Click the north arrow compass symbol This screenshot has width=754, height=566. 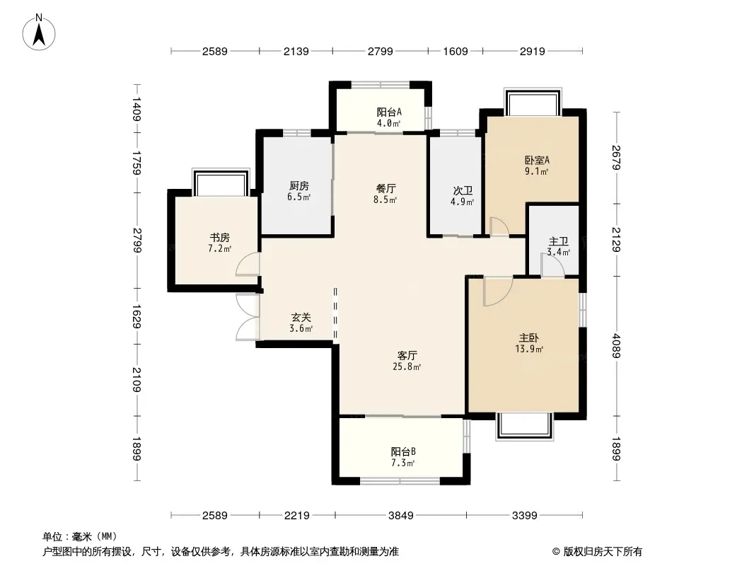(39, 33)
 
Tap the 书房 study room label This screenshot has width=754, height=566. (220, 237)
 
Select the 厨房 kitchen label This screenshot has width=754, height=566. (299, 185)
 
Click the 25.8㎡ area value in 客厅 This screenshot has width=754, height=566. (407, 367)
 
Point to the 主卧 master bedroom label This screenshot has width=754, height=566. (529, 338)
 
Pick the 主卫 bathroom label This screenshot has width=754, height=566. (559, 241)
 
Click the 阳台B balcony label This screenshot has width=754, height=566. (403, 451)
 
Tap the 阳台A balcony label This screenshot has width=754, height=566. (389, 112)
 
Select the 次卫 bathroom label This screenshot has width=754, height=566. (463, 191)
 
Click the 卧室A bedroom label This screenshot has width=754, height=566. (537, 160)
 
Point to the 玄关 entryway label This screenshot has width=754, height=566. (301, 318)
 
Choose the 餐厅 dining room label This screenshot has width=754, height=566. (385, 188)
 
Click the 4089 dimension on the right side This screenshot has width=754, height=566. (616, 346)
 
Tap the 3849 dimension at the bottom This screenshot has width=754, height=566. (401, 516)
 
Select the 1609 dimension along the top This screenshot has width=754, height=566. (456, 51)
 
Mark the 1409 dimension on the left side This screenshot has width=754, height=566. (137, 109)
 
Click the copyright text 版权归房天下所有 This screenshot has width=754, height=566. (603, 552)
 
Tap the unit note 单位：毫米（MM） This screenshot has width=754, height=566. (80, 537)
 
